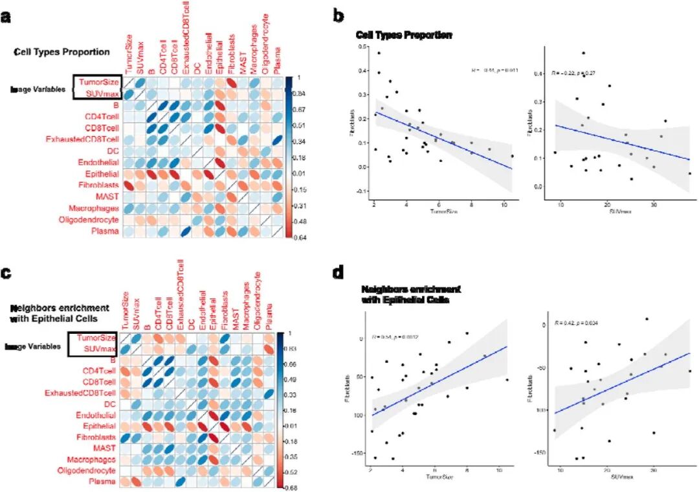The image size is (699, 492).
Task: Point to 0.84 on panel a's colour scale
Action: (299, 93)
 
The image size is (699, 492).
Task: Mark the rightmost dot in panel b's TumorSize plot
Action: (512, 156)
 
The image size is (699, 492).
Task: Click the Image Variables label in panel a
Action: (38, 89)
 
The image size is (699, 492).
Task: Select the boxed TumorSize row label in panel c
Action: (96, 338)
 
